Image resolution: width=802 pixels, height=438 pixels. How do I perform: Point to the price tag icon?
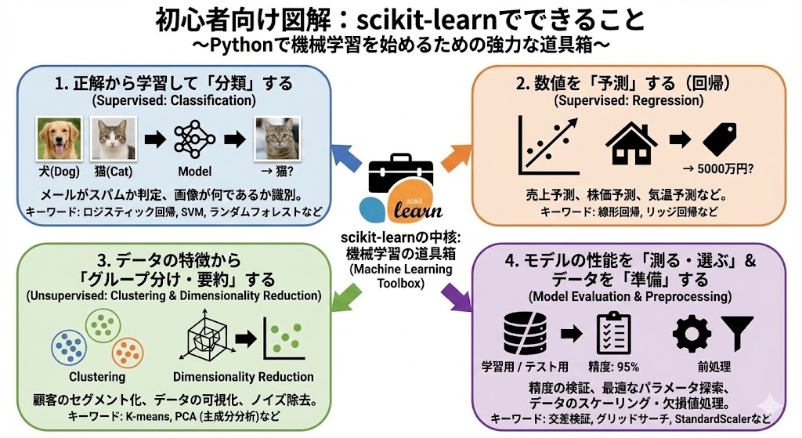click(x=722, y=139)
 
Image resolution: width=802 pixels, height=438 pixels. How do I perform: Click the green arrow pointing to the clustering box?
click(x=344, y=295)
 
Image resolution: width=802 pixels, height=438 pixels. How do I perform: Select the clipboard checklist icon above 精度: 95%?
click(x=614, y=333)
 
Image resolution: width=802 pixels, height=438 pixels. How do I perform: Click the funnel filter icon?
click(x=737, y=333)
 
